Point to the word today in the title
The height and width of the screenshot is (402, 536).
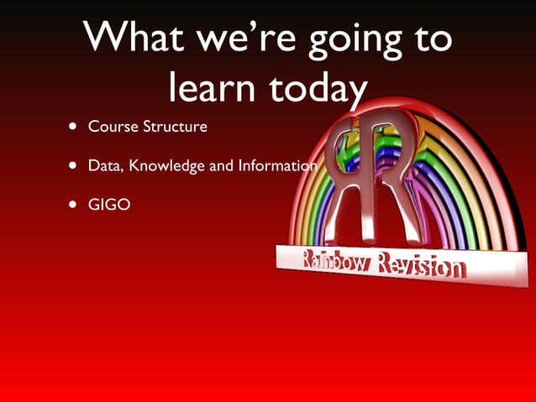318,87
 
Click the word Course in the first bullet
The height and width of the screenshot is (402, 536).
112,128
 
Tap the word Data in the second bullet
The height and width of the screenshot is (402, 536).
104,165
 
